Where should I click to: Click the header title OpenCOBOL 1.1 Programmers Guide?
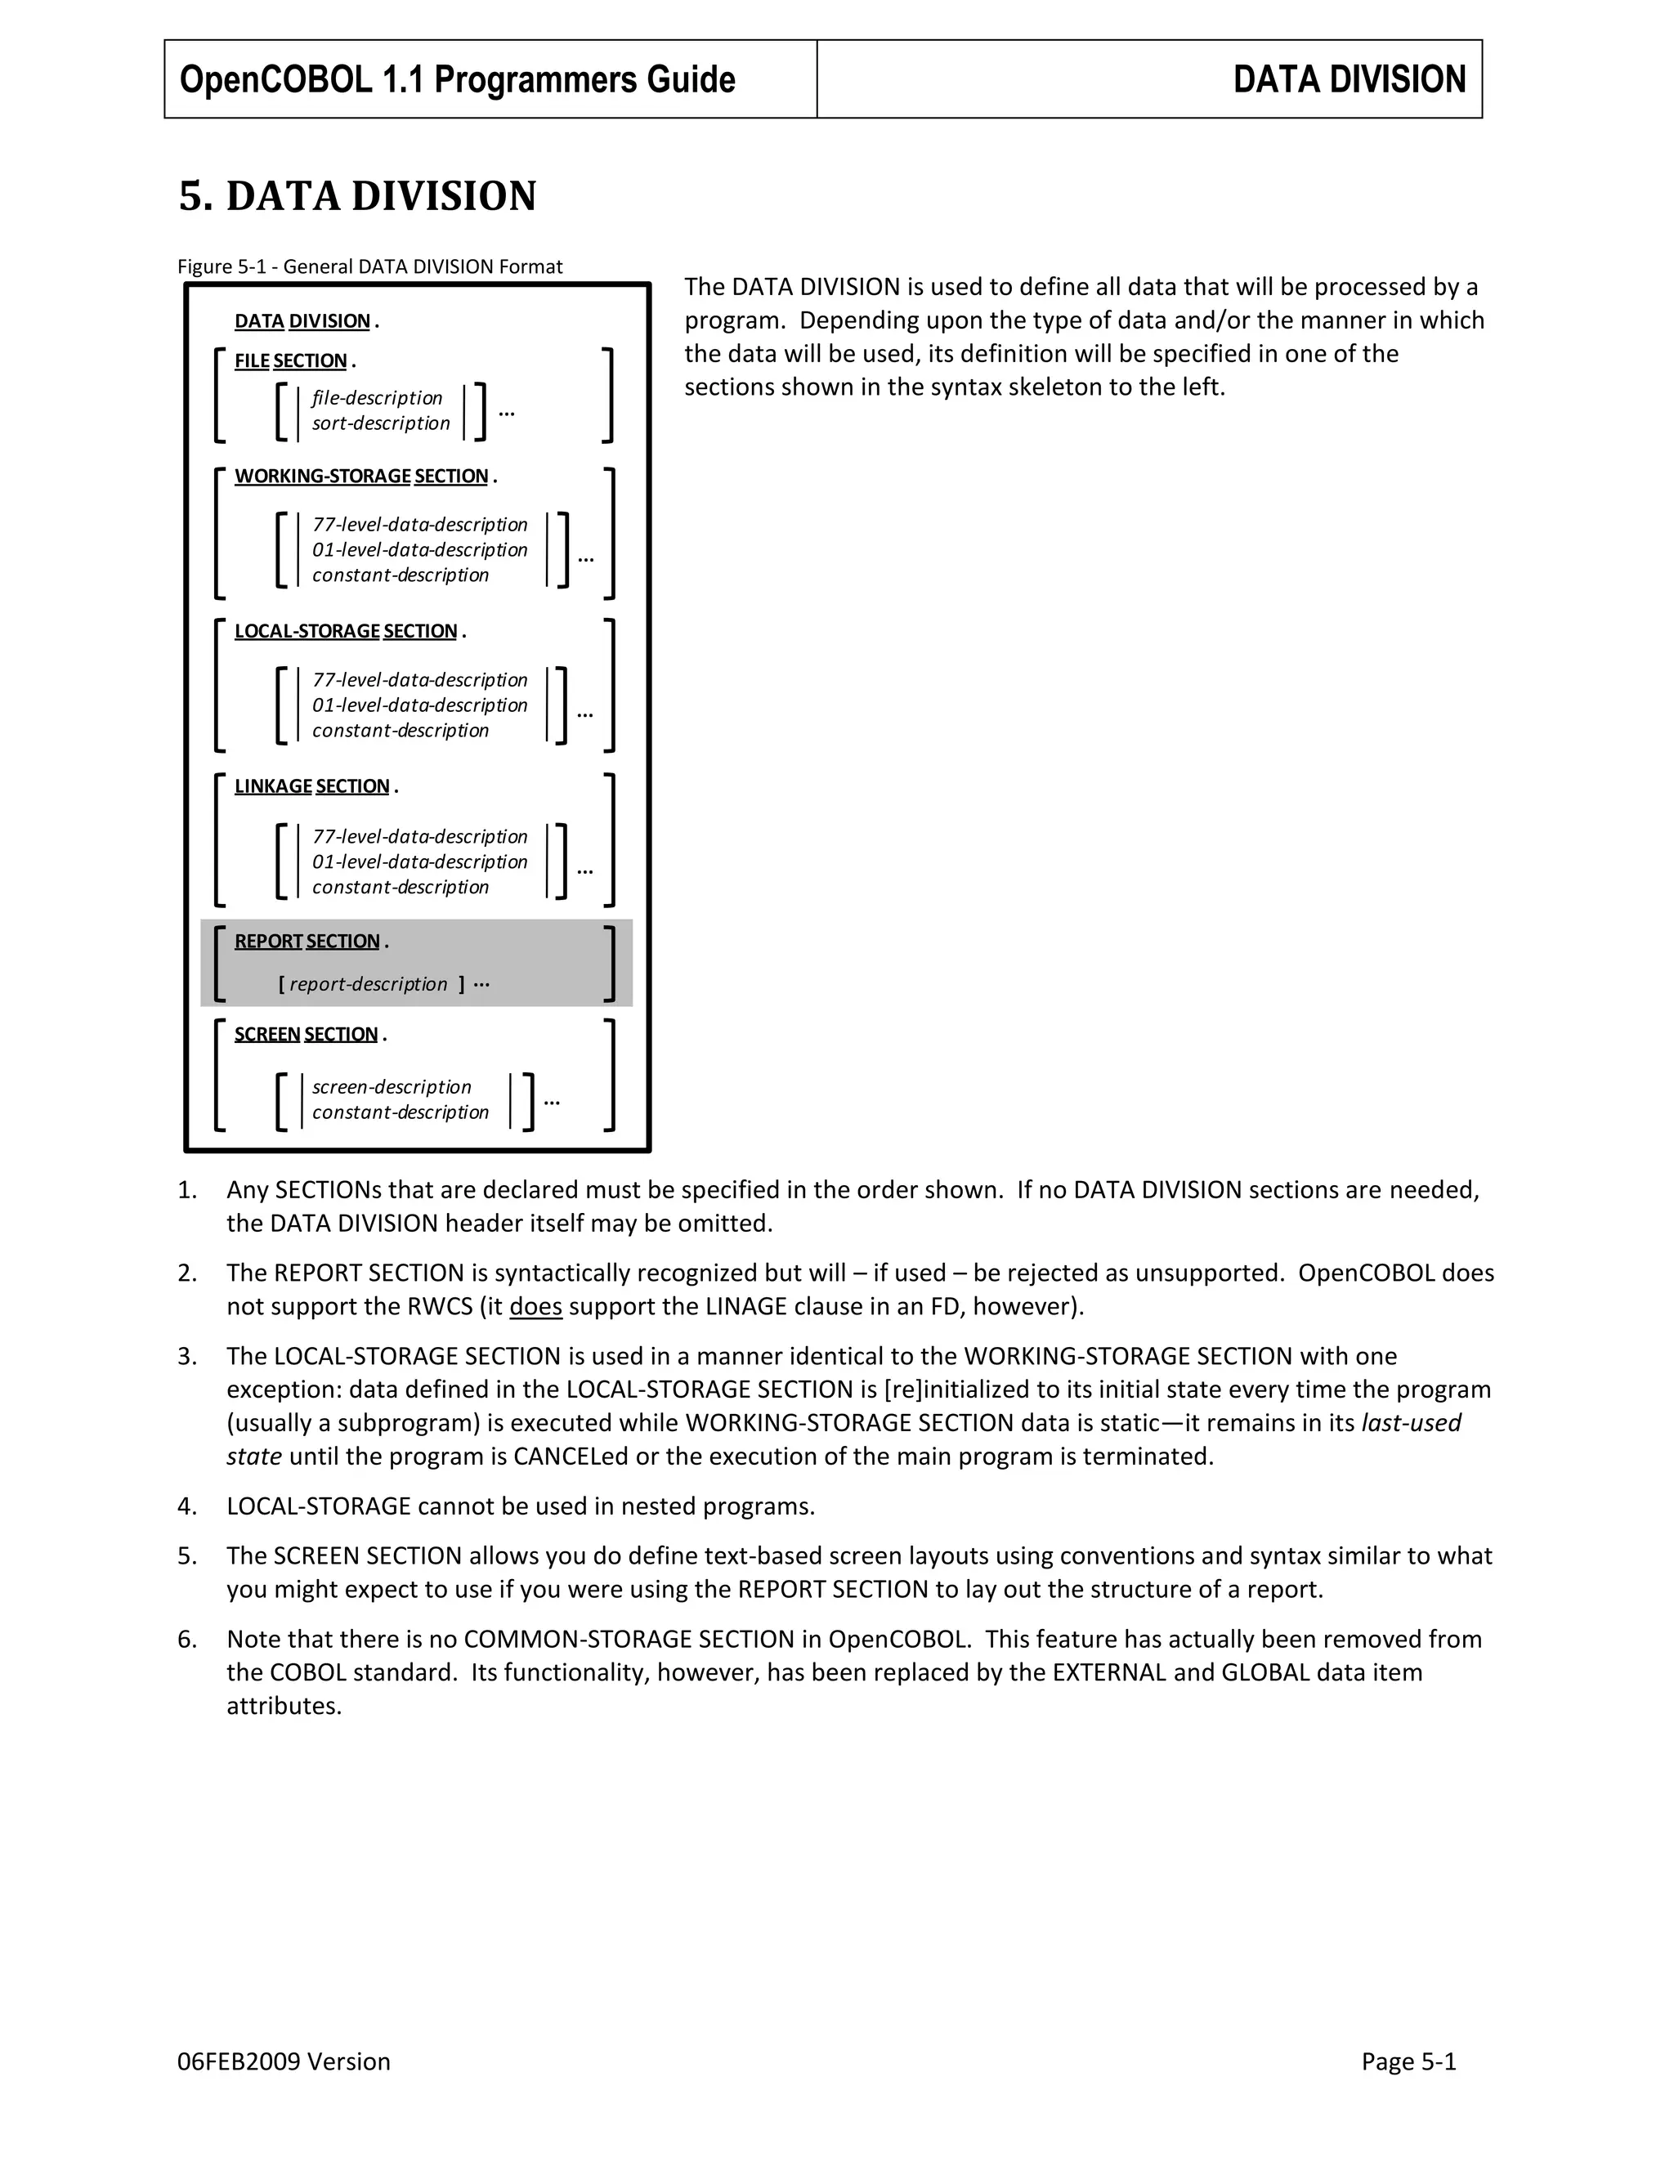457,79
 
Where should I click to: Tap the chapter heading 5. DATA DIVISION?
357,196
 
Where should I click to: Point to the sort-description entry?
381,423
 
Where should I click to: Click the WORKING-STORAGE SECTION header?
361,476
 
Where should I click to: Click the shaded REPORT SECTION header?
307,941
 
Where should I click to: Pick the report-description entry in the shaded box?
368,985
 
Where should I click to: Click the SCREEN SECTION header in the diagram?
306,1035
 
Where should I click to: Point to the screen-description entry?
392,1087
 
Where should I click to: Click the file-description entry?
377,398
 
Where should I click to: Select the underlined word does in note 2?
535,1307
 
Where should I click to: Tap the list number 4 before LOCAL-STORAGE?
186,1506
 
